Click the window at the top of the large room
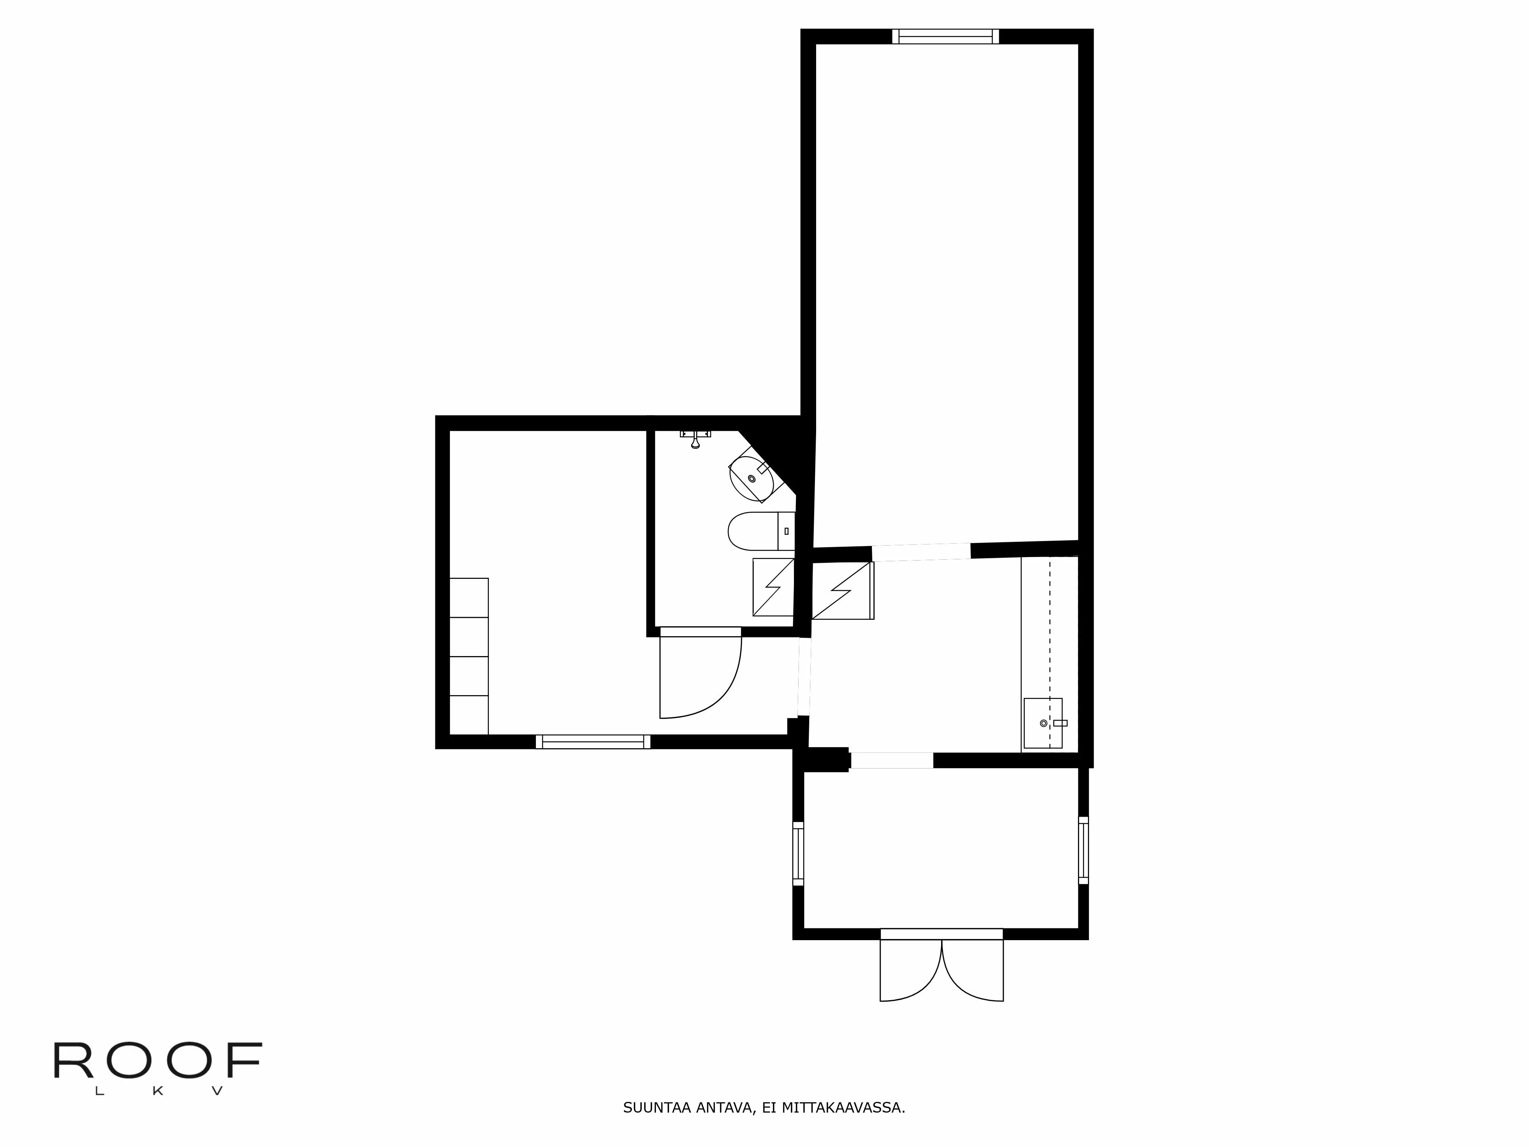tap(945, 37)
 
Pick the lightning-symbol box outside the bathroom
tap(842, 590)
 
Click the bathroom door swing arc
tap(719, 691)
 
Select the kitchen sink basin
tap(1042, 723)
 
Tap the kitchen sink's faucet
tap(1060, 723)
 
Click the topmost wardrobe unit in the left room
tap(469, 597)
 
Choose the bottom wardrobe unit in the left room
tap(469, 715)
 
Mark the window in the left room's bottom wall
tap(593, 742)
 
